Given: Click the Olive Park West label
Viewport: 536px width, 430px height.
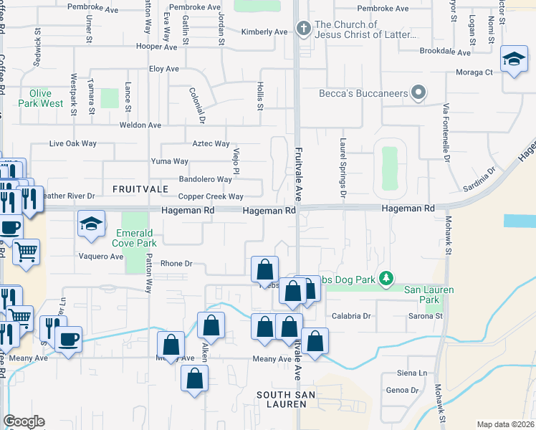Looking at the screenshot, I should point(47,98).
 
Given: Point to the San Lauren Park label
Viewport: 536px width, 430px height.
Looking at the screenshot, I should point(430,294).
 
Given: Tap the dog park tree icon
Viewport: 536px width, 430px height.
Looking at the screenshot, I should point(387,277).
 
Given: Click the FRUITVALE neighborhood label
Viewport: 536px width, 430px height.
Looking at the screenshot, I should point(140,188).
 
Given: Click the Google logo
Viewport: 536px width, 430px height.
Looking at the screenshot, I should point(24,421).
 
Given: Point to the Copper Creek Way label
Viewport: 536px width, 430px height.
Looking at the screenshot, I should point(211,196).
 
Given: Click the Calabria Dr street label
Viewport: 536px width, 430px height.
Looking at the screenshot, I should point(350,315).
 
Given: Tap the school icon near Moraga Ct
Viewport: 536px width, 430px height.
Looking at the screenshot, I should point(515,59).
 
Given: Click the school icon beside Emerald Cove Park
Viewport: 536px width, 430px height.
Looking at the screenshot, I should point(91,225).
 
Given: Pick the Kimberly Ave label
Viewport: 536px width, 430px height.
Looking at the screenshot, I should point(264,32).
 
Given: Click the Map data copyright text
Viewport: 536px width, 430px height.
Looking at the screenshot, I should point(505,424).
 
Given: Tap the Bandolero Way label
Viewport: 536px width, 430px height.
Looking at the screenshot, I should point(205,179).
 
